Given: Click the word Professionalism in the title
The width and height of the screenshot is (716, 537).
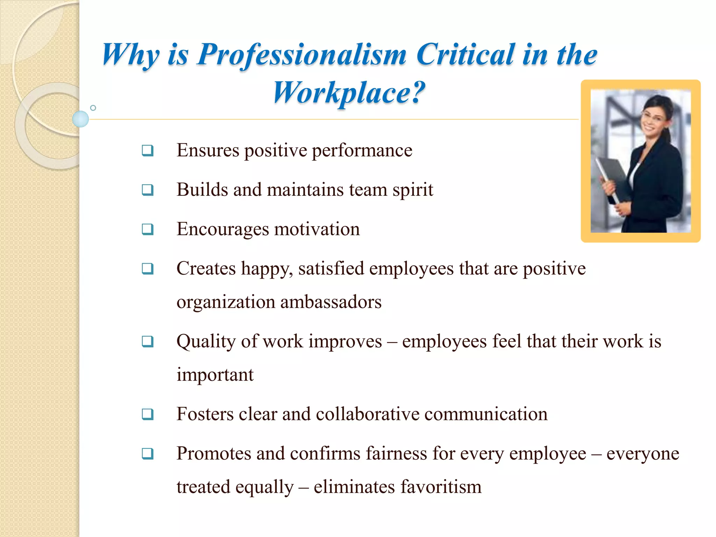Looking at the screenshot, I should [x=302, y=55].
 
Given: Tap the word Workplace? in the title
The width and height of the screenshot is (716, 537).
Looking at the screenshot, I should [x=349, y=93].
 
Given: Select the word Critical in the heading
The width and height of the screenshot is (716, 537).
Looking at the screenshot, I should [x=465, y=54].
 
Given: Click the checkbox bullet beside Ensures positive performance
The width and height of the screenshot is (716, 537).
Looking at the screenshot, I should [x=148, y=151].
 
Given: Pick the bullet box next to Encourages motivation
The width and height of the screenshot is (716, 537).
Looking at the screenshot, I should [x=148, y=230].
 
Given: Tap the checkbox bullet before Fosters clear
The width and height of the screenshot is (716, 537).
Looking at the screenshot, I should [x=148, y=414].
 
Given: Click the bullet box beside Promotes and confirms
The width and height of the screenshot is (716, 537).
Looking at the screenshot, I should [x=148, y=454].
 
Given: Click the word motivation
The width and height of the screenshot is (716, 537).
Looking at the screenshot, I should [x=317, y=229].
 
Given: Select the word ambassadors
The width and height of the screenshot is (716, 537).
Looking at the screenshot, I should [x=331, y=302].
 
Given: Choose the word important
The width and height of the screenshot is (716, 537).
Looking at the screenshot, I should [x=215, y=375].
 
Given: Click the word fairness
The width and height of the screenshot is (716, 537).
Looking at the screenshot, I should [x=396, y=453].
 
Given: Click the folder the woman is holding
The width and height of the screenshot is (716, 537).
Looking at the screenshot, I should [x=612, y=175].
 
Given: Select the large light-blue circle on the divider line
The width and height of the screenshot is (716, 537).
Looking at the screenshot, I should [x=80, y=119].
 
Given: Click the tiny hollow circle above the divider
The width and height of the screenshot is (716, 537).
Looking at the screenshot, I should [x=93, y=108].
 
